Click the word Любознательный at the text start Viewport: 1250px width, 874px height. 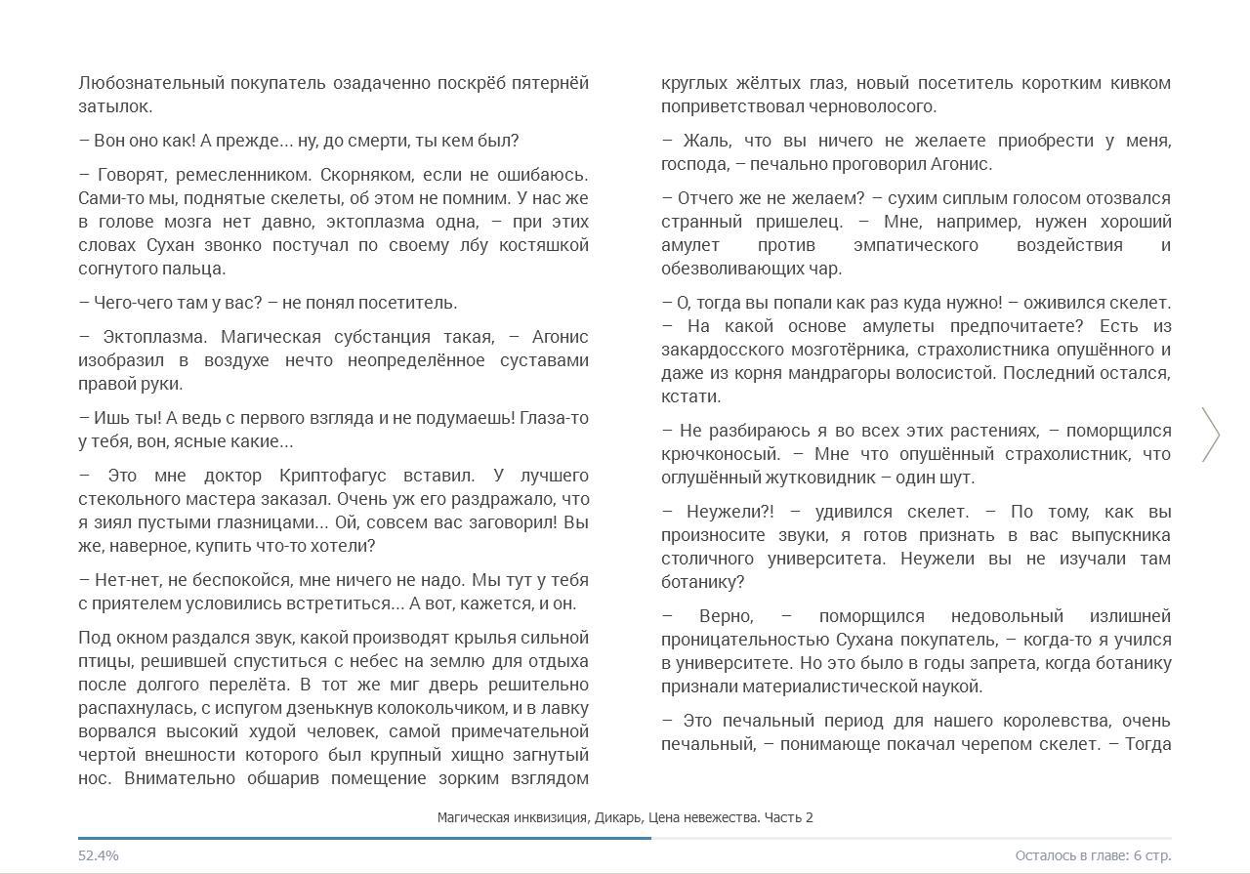150,83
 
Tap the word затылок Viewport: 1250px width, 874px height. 113,106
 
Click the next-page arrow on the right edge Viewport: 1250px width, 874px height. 1211,435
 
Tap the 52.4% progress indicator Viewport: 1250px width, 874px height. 99,855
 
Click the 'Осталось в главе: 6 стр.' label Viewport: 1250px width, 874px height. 1093,855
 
